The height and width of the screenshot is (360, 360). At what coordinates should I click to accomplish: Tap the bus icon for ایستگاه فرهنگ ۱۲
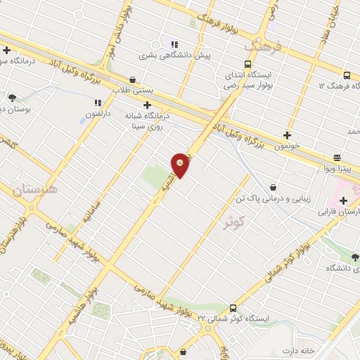coord(346,75)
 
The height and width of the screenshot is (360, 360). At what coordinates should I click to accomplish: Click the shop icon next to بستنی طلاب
coord(133,80)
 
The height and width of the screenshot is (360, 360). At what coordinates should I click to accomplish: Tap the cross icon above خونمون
coord(287,135)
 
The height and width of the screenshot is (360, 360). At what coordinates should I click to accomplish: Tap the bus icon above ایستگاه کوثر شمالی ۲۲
coord(233,308)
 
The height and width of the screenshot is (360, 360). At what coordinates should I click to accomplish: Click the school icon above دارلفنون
coord(97,103)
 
